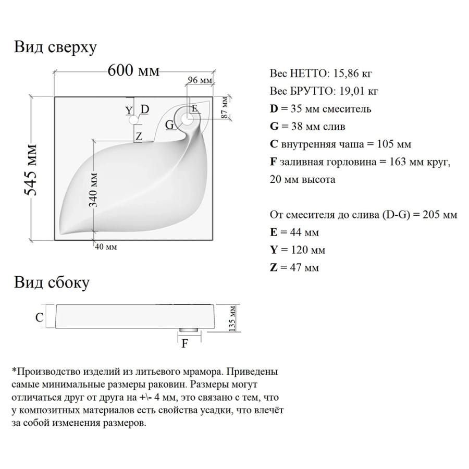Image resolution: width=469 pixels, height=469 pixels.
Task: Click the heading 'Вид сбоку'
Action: [x=52, y=283]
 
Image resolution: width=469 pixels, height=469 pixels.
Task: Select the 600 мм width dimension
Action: [x=133, y=71]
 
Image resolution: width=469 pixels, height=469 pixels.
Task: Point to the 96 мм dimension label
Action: [x=199, y=80]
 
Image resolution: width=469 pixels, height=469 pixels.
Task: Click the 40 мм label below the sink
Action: [x=106, y=247]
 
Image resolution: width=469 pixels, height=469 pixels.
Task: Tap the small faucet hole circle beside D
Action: [x=134, y=120]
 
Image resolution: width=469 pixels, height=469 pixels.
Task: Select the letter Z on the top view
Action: [x=139, y=137]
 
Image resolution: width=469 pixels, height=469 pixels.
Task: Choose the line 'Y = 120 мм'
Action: [x=298, y=250]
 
